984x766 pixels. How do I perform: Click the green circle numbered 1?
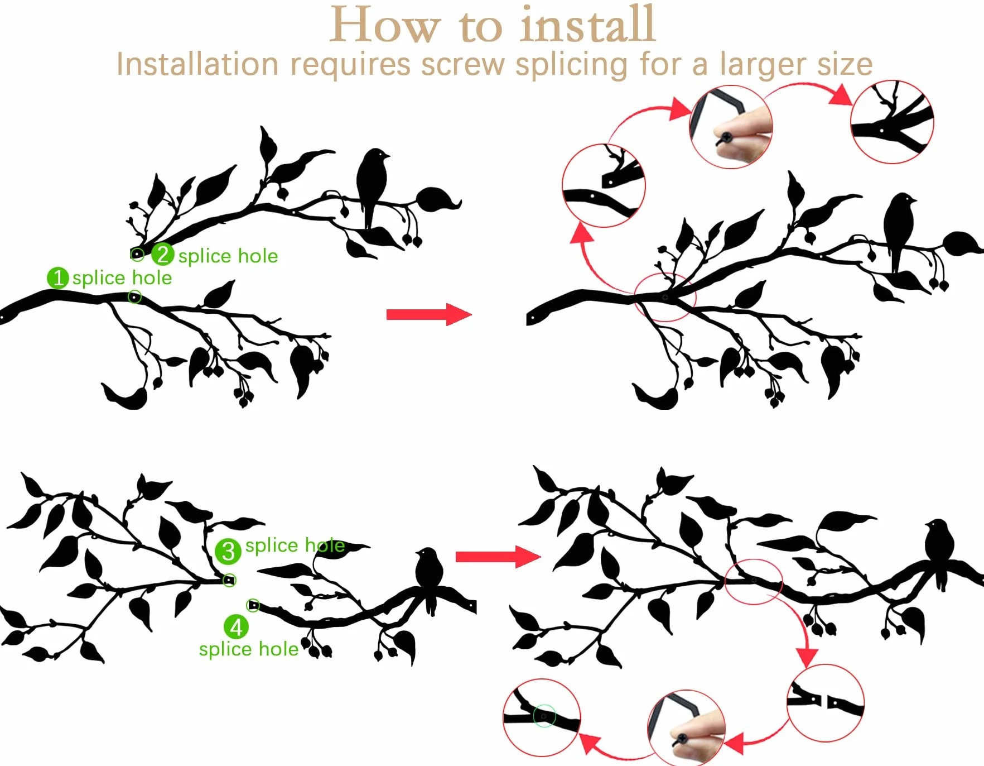(58, 278)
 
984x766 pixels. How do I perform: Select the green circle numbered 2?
(163, 255)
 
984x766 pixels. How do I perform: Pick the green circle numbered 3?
(228, 552)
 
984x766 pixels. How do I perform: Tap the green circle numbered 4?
(236, 627)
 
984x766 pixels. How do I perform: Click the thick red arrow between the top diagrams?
(429, 314)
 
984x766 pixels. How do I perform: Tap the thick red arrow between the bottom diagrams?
(498, 557)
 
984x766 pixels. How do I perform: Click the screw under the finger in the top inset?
(726, 137)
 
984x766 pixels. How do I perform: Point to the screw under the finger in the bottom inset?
(681, 739)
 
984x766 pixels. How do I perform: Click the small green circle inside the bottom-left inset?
(544, 716)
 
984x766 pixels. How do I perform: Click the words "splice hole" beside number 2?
(228, 256)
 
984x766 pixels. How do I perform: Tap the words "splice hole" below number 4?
(249, 649)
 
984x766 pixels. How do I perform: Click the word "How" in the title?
(385, 25)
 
